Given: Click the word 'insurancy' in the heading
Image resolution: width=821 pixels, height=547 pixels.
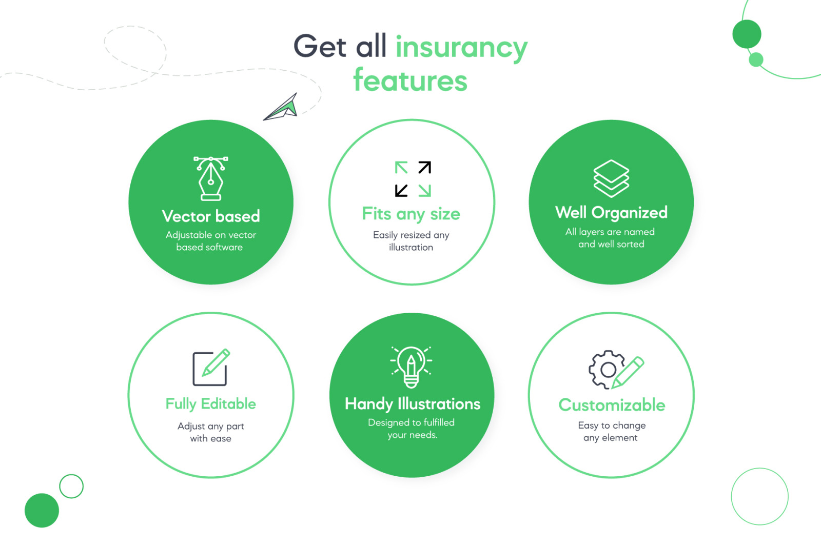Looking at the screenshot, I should point(461,47).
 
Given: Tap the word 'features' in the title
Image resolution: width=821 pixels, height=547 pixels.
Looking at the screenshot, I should point(411,81).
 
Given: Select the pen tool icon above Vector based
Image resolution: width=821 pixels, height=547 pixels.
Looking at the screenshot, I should point(211,178).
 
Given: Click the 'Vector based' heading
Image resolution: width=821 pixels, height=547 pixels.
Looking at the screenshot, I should point(211,216).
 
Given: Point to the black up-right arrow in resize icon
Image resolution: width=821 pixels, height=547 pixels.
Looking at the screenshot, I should point(424,168).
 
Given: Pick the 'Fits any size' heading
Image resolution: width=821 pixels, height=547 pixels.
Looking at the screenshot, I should point(411,214).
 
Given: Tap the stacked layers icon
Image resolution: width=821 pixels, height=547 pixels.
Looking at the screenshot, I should point(611,178).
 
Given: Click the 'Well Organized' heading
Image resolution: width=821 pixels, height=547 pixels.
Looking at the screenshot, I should point(611,212).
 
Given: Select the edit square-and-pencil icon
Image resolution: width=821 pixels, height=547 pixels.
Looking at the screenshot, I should point(211,367).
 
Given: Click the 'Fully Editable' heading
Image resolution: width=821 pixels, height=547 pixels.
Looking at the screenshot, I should point(211,404).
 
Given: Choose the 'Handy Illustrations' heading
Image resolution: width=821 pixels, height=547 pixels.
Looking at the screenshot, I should point(413,404).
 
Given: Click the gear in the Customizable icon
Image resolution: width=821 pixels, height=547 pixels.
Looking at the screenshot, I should point(607,369).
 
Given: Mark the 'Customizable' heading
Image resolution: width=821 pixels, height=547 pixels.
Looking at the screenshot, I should point(612,405).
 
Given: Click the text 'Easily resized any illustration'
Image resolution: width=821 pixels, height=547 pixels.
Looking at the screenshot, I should point(411,241).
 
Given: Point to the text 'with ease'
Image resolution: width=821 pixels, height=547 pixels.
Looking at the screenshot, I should point(211,439).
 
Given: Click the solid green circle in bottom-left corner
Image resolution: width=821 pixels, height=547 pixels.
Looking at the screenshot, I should point(42,510).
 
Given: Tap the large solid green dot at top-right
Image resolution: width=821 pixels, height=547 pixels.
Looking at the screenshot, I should point(747,34).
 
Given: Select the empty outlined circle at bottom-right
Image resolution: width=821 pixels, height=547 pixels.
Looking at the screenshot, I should point(759,496).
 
